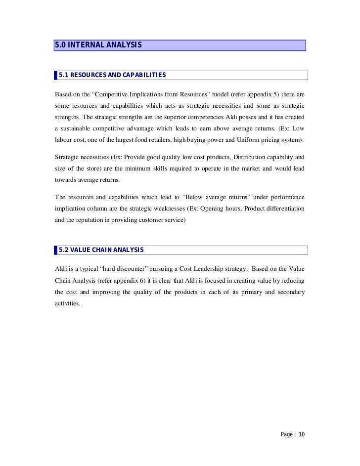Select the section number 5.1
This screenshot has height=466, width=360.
(64, 75)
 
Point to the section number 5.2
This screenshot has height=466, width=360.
(64, 250)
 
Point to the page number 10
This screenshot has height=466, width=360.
(302, 434)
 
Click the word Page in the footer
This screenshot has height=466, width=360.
(287, 434)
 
